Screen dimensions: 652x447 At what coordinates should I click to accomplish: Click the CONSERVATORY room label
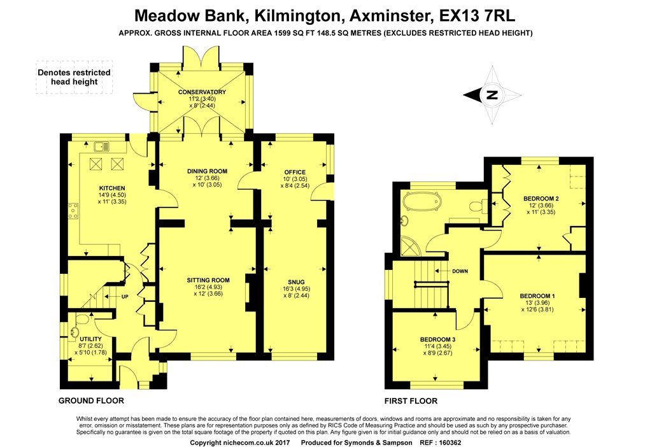202,92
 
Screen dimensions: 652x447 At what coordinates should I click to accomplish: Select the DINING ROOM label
207,171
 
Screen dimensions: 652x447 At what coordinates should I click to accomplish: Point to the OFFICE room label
295,172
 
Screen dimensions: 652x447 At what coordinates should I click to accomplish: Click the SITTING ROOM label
208,280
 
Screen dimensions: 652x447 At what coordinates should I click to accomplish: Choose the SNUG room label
294,281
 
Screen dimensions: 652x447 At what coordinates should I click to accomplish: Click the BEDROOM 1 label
537,296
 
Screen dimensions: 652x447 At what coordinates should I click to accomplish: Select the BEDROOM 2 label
541,199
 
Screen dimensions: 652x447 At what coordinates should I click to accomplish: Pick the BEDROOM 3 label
437,339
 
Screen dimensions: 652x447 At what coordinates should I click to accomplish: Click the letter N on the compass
491,96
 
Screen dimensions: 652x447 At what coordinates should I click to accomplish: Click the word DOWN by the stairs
460,271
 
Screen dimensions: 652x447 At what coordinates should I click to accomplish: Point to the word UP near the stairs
125,297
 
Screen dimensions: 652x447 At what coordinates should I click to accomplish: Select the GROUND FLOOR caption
91,401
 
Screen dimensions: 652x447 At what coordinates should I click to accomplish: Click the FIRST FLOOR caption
411,401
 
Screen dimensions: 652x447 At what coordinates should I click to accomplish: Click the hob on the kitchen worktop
73,209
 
